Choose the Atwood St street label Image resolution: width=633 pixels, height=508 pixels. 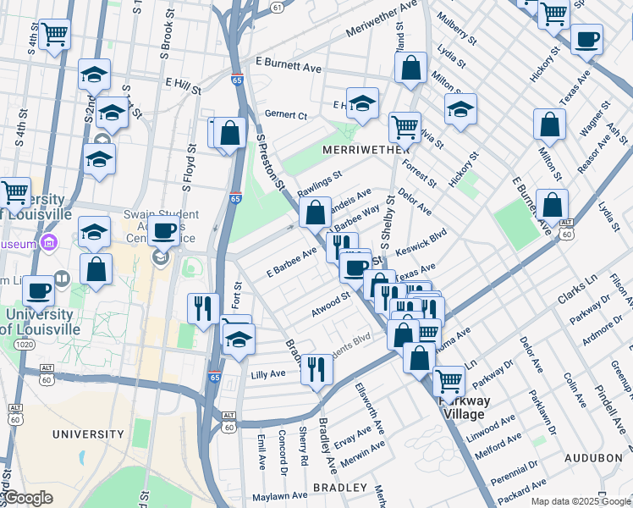point(330,304)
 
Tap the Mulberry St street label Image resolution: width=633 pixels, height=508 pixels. point(453,28)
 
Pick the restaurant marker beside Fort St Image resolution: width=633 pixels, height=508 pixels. point(203,307)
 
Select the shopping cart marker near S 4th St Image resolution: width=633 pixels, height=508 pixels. point(55,35)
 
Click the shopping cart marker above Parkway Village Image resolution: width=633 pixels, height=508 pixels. point(448,380)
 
